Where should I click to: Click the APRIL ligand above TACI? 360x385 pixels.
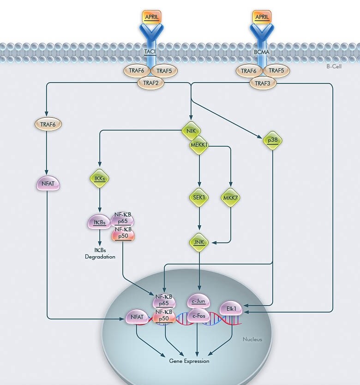151,17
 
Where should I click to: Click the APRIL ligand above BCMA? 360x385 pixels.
262,17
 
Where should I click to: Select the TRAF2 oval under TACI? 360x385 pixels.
151,83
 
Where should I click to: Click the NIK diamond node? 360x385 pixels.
191,131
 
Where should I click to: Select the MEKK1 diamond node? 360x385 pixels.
199,146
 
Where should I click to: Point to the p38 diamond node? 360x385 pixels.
273,140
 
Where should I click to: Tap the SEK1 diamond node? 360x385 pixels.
199,198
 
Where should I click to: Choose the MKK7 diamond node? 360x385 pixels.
231,198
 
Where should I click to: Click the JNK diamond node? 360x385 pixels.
199,242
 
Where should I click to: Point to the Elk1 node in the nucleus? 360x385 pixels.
231,308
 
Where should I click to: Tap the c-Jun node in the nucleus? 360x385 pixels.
198,301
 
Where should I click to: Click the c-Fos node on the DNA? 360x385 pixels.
198,316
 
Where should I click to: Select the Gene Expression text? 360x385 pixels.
189,361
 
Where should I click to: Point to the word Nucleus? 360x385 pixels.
252,339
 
